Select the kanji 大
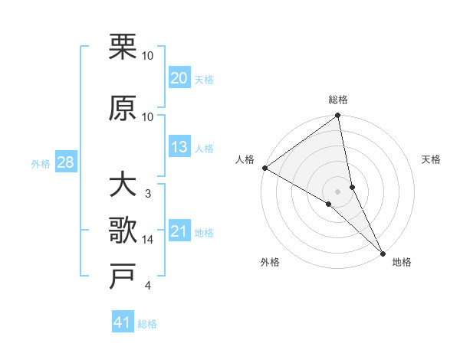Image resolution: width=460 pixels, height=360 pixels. click(x=123, y=185)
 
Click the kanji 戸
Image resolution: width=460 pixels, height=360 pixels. click(x=123, y=277)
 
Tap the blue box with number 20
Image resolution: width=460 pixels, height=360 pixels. click(x=179, y=78)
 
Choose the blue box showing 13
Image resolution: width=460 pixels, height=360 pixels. click(x=179, y=147)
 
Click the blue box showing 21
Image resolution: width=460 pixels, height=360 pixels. click(x=179, y=231)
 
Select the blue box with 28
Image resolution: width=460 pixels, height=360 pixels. click(x=65, y=162)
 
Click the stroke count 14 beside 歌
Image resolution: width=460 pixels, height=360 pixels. click(x=148, y=240)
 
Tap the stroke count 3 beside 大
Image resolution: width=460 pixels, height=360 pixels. click(x=148, y=194)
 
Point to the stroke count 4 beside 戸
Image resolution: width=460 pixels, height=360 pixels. click(x=148, y=286)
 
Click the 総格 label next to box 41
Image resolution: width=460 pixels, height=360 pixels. click(x=147, y=324)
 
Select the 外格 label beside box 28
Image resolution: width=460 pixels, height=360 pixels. click(x=41, y=163)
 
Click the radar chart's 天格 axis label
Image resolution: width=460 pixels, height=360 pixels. click(x=431, y=159)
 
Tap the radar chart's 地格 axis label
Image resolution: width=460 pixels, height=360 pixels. click(x=402, y=262)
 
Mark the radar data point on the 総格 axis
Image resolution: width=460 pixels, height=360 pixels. click(x=338, y=116)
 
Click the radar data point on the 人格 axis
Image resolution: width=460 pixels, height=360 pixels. click(x=264, y=168)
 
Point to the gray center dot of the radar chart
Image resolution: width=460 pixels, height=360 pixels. click(x=338, y=191)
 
